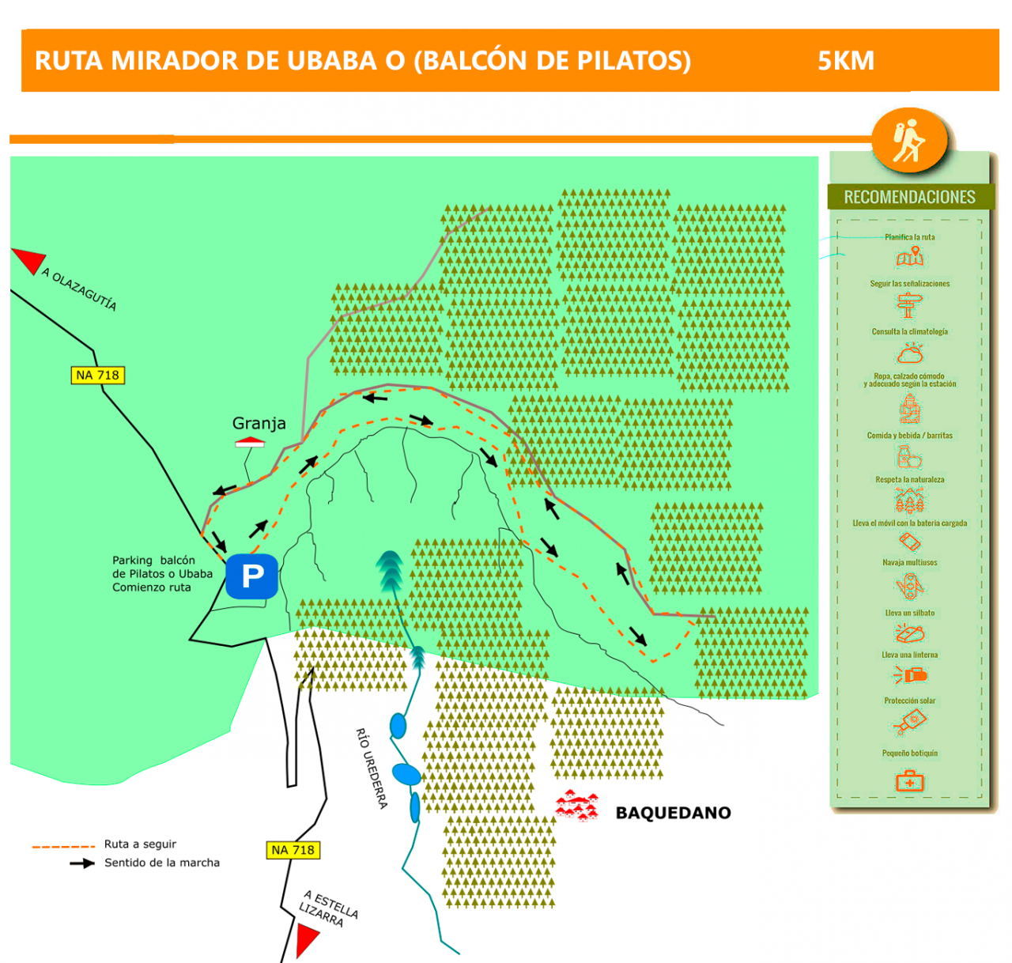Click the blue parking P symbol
coord(251,576)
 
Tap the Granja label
coord(259,423)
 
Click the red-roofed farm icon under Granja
coord(250,443)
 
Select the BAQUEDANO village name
coord(673,813)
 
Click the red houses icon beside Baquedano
coord(577,806)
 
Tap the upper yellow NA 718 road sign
coord(97,375)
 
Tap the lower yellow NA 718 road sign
coord(293,850)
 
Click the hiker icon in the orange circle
coord(909,141)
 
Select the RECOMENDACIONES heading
coord(909,197)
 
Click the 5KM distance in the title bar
coord(846,61)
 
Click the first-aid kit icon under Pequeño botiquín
coord(909,782)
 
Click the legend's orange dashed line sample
coord(63,846)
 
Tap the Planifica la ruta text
coord(909,237)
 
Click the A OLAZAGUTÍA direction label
coord(79,289)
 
